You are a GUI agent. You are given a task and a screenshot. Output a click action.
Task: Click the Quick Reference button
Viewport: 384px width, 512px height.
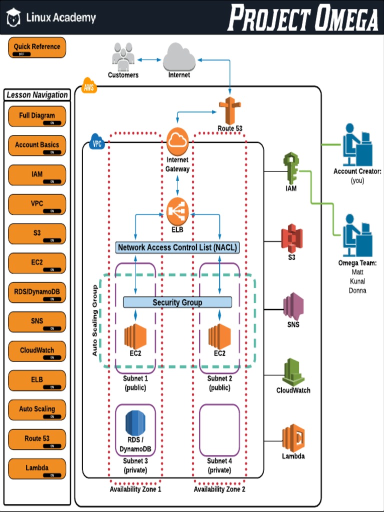click(x=37, y=47)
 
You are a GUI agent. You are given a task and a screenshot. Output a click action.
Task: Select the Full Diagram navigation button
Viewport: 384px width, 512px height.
click(x=37, y=116)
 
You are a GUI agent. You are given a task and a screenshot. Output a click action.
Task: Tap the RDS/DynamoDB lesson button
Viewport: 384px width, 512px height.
click(x=37, y=292)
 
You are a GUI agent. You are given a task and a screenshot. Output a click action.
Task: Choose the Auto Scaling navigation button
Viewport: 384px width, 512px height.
click(x=37, y=409)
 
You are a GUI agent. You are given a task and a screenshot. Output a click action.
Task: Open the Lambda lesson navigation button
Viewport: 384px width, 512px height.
click(x=37, y=468)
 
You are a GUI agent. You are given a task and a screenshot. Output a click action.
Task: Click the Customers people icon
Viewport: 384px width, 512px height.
click(x=123, y=56)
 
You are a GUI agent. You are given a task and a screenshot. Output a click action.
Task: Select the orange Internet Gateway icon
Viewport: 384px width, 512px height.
click(x=177, y=141)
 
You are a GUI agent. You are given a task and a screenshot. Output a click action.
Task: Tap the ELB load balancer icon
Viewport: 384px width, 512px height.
click(x=177, y=211)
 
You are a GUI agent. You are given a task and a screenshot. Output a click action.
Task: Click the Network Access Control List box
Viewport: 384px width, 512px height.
click(x=177, y=247)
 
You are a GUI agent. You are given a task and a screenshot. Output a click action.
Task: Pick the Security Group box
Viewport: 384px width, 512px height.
click(x=177, y=302)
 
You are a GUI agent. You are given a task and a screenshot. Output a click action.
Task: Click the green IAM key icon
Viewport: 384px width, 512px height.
click(x=290, y=168)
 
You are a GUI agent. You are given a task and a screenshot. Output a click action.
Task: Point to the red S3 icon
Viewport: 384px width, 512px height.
click(x=291, y=238)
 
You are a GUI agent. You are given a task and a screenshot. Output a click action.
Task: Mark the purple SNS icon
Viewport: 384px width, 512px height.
click(x=293, y=306)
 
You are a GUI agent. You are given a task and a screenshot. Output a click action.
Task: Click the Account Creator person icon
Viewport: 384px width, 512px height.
click(x=357, y=144)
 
